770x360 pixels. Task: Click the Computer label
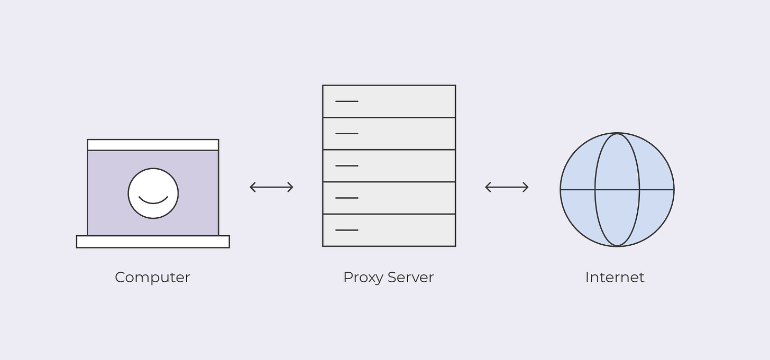pyautogui.click(x=152, y=277)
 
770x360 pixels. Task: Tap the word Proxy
pyautogui.click(x=363, y=278)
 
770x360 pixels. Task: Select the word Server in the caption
pyautogui.click(x=410, y=277)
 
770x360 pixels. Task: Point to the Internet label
pyautogui.click(x=615, y=277)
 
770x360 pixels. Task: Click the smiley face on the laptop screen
pyautogui.click(x=153, y=193)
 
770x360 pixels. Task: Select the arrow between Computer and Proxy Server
pyautogui.click(x=271, y=187)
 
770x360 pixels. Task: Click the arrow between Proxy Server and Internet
pyautogui.click(x=507, y=187)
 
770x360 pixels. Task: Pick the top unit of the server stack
pyautogui.click(x=389, y=101)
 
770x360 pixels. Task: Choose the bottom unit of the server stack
pyautogui.click(x=389, y=230)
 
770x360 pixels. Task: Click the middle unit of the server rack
pyautogui.click(x=389, y=165)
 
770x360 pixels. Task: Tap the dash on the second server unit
pyautogui.click(x=347, y=134)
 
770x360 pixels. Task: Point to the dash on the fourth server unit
pyautogui.click(x=347, y=198)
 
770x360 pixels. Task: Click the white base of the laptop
pyautogui.click(x=153, y=242)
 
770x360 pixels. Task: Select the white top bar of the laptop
pyautogui.click(x=153, y=145)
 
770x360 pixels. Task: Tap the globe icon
pyautogui.click(x=617, y=189)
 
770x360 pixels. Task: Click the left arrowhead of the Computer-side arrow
pyautogui.click(x=252, y=187)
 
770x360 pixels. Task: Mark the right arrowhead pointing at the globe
pyautogui.click(x=526, y=187)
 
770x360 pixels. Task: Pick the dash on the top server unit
pyautogui.click(x=347, y=101)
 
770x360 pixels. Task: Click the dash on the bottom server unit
pyautogui.click(x=347, y=230)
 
